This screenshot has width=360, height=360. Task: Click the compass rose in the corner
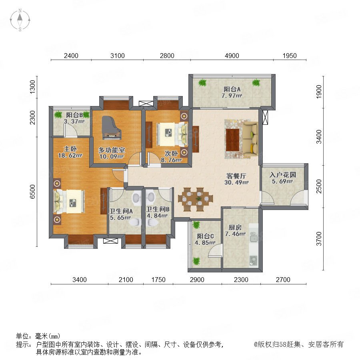click(x=20, y=20)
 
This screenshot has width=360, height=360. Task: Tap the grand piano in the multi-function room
click(x=111, y=128)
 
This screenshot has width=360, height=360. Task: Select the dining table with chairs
click(x=196, y=199)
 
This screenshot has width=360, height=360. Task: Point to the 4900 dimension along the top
click(x=232, y=56)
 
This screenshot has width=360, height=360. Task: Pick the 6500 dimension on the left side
click(x=33, y=192)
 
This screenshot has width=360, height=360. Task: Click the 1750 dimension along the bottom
click(x=158, y=280)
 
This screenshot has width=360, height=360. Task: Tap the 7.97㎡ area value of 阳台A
click(x=232, y=96)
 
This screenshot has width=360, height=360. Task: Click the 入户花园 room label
click(x=283, y=175)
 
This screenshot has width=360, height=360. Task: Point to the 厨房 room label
click(x=235, y=227)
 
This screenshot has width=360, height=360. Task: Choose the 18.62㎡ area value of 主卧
click(x=70, y=156)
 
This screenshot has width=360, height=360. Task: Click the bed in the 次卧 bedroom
click(x=172, y=134)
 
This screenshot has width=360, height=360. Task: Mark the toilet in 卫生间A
click(x=134, y=222)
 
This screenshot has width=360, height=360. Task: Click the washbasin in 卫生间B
click(x=151, y=197)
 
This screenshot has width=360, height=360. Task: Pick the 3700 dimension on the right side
click(x=319, y=239)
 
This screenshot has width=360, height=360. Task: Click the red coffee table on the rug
click(x=232, y=140)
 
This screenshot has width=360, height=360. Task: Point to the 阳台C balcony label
click(x=206, y=236)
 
